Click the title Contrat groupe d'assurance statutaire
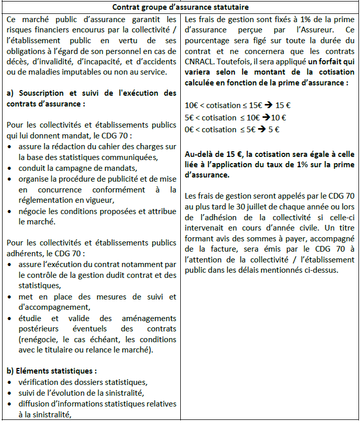click(x=180, y=7)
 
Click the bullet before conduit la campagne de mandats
click(x=12, y=168)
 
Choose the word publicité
click(x=127, y=179)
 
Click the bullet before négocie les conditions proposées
click(x=12, y=211)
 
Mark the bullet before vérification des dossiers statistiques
click(x=12, y=382)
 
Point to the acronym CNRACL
click(x=198, y=61)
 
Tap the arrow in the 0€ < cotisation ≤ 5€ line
click(x=261, y=129)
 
